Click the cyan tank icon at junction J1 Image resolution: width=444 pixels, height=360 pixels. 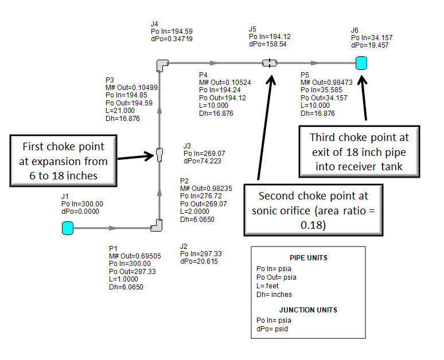click(x=68, y=228)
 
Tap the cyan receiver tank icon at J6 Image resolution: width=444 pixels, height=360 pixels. click(x=361, y=63)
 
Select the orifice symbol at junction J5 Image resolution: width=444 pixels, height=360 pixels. click(x=269, y=63)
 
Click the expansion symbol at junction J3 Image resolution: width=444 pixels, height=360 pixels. click(x=159, y=154)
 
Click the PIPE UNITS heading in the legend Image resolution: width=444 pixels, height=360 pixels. click(x=308, y=257)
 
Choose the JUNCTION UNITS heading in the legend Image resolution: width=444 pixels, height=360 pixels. click(x=308, y=310)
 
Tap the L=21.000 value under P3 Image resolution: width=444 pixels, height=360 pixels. click(x=119, y=111)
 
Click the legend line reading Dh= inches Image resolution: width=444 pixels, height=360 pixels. click(x=274, y=294)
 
